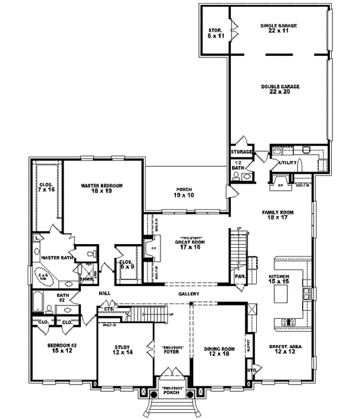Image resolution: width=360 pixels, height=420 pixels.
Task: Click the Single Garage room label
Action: coord(279,28)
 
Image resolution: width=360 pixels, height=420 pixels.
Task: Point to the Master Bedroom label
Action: coord(101,189)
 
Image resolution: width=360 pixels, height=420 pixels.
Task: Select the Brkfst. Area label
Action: coord(275,349)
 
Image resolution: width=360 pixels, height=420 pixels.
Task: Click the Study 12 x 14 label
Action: coord(122,349)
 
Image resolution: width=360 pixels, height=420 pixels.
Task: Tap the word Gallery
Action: coord(188,294)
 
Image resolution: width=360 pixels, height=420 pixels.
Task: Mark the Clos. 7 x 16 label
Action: coord(45,187)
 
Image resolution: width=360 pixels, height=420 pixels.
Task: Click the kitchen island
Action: coord(282,293)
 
